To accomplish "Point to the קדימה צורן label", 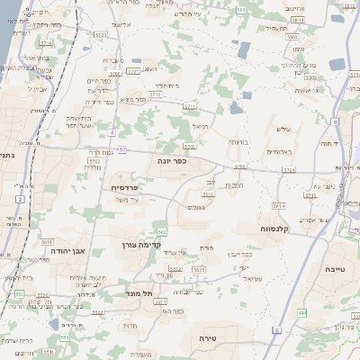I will pyautogui.click(x=137, y=244).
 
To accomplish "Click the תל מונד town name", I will pyautogui.click(x=137, y=292).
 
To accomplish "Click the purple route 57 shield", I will pyautogui.click(x=121, y=148).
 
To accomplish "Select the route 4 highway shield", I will pyautogui.click(x=112, y=132).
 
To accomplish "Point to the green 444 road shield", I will pyautogui.click(x=302, y=312).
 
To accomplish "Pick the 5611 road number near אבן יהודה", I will pyautogui.click(x=47, y=243).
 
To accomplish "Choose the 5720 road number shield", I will pyautogui.click(x=99, y=34).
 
